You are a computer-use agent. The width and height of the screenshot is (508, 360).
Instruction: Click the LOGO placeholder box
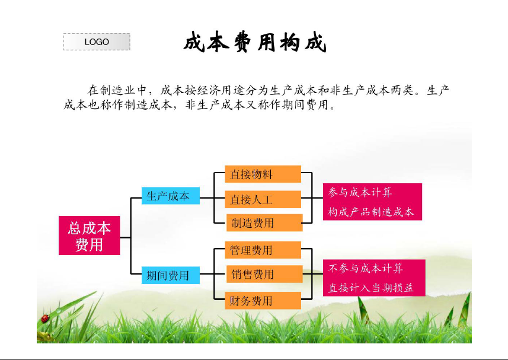pyautogui.click(x=97, y=42)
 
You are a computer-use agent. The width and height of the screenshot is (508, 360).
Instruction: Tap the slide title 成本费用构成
pyautogui.click(x=255, y=42)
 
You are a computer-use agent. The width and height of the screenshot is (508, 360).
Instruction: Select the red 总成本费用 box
pyautogui.click(x=90, y=235)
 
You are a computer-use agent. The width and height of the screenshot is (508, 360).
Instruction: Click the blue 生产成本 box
pyautogui.click(x=170, y=196)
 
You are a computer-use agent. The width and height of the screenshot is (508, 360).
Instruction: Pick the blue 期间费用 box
pyautogui.click(x=170, y=275)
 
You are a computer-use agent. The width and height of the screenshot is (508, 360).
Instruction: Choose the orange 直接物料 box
pyautogui.click(x=263, y=174)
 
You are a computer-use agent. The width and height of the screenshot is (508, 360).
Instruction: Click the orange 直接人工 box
pyautogui.click(x=263, y=199)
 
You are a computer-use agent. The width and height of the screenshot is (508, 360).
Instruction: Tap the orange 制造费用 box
pyautogui.click(x=264, y=222)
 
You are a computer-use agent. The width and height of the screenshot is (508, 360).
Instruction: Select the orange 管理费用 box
pyautogui.click(x=263, y=250)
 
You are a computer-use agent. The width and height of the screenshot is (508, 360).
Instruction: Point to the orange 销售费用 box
pyautogui.click(x=264, y=274)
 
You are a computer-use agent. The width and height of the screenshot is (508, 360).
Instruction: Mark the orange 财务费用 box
pyautogui.click(x=263, y=300)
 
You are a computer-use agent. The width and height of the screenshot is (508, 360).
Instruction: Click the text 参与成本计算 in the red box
pyautogui.click(x=360, y=192)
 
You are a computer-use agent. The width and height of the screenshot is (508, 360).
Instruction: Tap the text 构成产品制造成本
pyautogui.click(x=371, y=212)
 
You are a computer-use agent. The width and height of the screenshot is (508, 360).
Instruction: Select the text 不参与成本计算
pyautogui.click(x=366, y=268)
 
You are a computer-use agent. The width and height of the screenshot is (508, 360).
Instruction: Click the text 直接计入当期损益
pyautogui.click(x=371, y=288)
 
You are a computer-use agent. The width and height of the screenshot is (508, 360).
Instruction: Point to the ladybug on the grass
pyautogui.click(x=45, y=318)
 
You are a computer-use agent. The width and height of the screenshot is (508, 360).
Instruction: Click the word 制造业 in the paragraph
pyautogui.click(x=117, y=90)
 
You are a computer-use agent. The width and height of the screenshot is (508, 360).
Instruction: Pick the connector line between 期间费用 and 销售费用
pyautogui.click(x=212, y=274)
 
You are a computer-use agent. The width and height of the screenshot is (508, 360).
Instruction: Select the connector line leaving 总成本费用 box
pyautogui.click(x=126, y=237)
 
